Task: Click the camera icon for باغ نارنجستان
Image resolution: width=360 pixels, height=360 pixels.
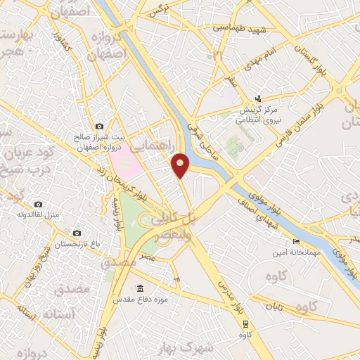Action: (77, 232)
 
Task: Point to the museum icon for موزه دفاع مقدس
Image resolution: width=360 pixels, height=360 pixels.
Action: (140, 289)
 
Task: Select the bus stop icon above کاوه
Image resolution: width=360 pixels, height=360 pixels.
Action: (244, 323)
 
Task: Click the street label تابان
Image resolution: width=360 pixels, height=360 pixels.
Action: (273, 306)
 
